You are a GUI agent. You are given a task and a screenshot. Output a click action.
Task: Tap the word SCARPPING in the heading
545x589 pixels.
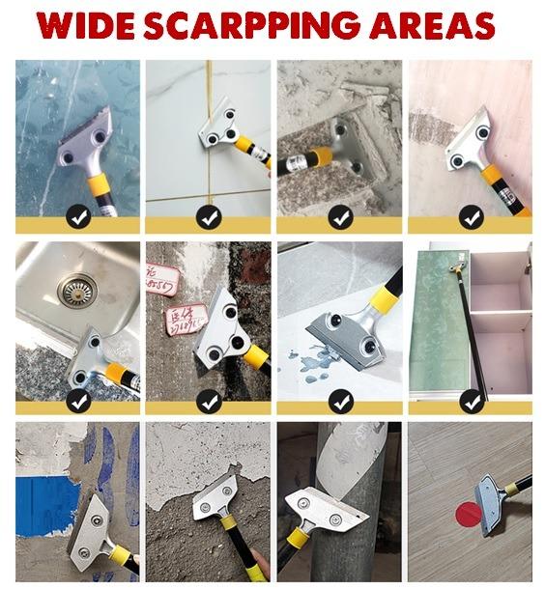click(245, 26)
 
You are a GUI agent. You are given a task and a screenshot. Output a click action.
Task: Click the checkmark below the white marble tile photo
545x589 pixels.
click(209, 218)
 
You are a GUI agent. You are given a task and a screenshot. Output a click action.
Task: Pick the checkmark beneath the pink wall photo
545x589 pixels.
click(471, 218)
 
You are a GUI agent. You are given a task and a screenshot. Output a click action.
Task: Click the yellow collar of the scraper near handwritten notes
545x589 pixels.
click(254, 357)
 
